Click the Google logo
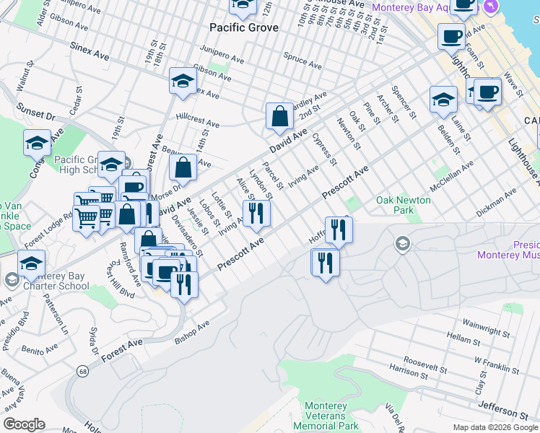pyautogui.click(x=24, y=424)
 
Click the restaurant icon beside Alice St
pyautogui.click(x=256, y=213)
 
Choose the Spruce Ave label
pyautogui.click(x=302, y=60)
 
